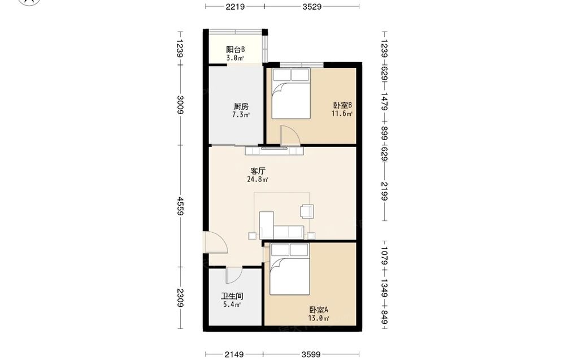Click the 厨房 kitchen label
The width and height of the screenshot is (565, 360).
click(241, 107)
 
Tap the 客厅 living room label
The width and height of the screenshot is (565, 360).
click(258, 171)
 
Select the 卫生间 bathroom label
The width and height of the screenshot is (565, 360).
click(232, 296)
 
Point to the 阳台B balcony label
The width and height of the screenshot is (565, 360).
click(235, 49)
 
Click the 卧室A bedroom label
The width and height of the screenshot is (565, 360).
click(319, 310)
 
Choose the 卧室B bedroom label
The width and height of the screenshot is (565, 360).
click(342, 105)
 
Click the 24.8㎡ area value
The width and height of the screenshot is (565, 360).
click(258, 179)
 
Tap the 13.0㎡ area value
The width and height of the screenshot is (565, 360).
click(319, 318)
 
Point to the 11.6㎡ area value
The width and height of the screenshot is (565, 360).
click(342, 114)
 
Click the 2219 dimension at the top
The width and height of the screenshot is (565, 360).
click(235, 6)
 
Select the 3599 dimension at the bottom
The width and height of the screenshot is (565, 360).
click(311, 354)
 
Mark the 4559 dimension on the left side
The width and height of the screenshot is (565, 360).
click(180, 206)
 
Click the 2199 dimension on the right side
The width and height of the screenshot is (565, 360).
click(384, 191)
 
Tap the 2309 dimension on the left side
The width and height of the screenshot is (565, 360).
click(180, 298)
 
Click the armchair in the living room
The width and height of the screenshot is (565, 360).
click(307, 211)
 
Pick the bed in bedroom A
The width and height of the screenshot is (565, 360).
click(290, 269)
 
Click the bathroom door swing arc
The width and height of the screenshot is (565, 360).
click(234, 276)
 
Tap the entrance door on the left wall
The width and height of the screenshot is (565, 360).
click(215, 242)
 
